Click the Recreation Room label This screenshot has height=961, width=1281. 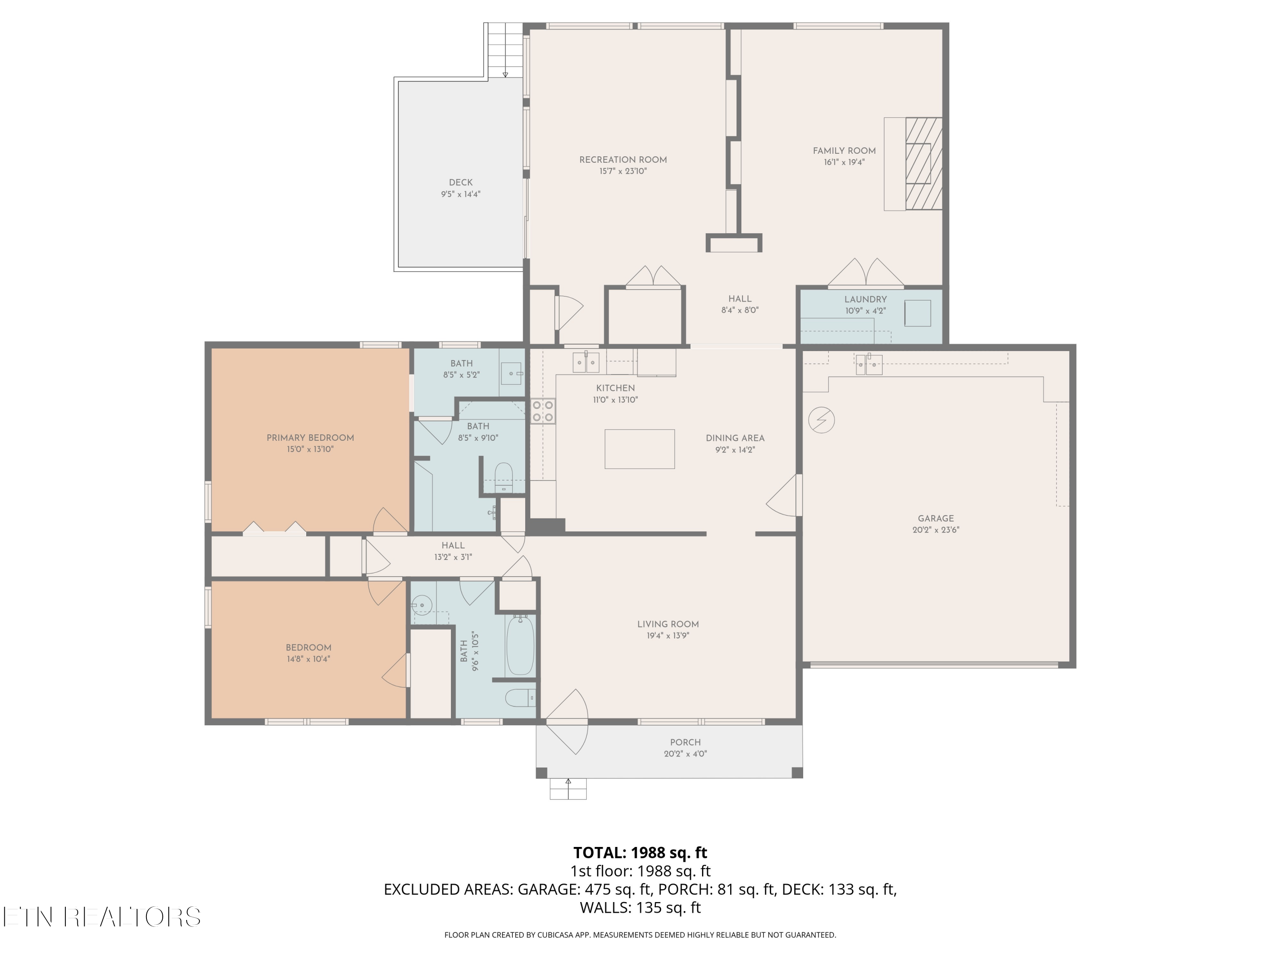(x=623, y=160)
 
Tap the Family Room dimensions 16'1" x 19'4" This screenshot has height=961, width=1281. (x=844, y=163)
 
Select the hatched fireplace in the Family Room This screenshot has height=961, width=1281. (x=924, y=163)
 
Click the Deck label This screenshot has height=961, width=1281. (x=461, y=182)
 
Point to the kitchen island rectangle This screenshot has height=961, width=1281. (x=639, y=449)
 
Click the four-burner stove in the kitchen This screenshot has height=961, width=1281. (x=543, y=411)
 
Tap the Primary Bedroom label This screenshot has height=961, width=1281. (x=310, y=438)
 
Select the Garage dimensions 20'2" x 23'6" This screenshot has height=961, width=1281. (x=936, y=530)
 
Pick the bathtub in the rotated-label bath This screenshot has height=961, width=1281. (x=520, y=645)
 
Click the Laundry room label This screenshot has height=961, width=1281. (x=865, y=299)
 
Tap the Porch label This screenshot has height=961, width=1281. (x=686, y=743)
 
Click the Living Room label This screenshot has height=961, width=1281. (x=668, y=624)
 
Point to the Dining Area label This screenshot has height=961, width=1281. (x=735, y=439)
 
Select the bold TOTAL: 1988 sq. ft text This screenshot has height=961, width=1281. (x=640, y=853)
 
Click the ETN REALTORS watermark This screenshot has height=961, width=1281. (x=102, y=917)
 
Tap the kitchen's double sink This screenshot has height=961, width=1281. (x=586, y=362)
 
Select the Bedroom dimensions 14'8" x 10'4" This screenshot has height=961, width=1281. (x=308, y=659)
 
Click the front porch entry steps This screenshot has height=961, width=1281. (x=568, y=788)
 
